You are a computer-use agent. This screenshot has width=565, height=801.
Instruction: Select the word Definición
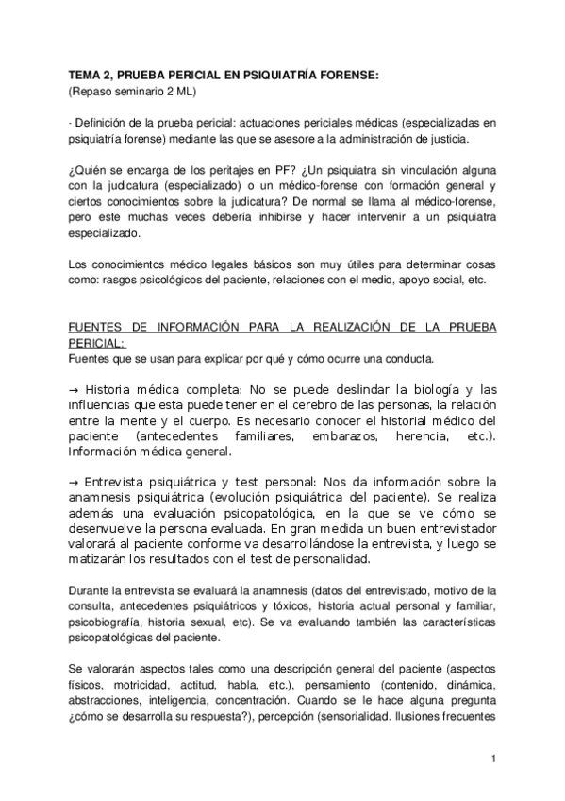coord(106,123)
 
